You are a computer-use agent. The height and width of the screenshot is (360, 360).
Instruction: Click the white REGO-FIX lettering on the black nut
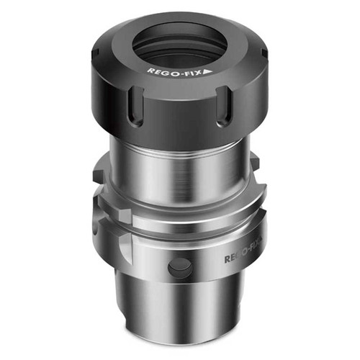point(174,71)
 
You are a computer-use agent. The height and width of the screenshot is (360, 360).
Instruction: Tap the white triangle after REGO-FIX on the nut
point(206,72)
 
